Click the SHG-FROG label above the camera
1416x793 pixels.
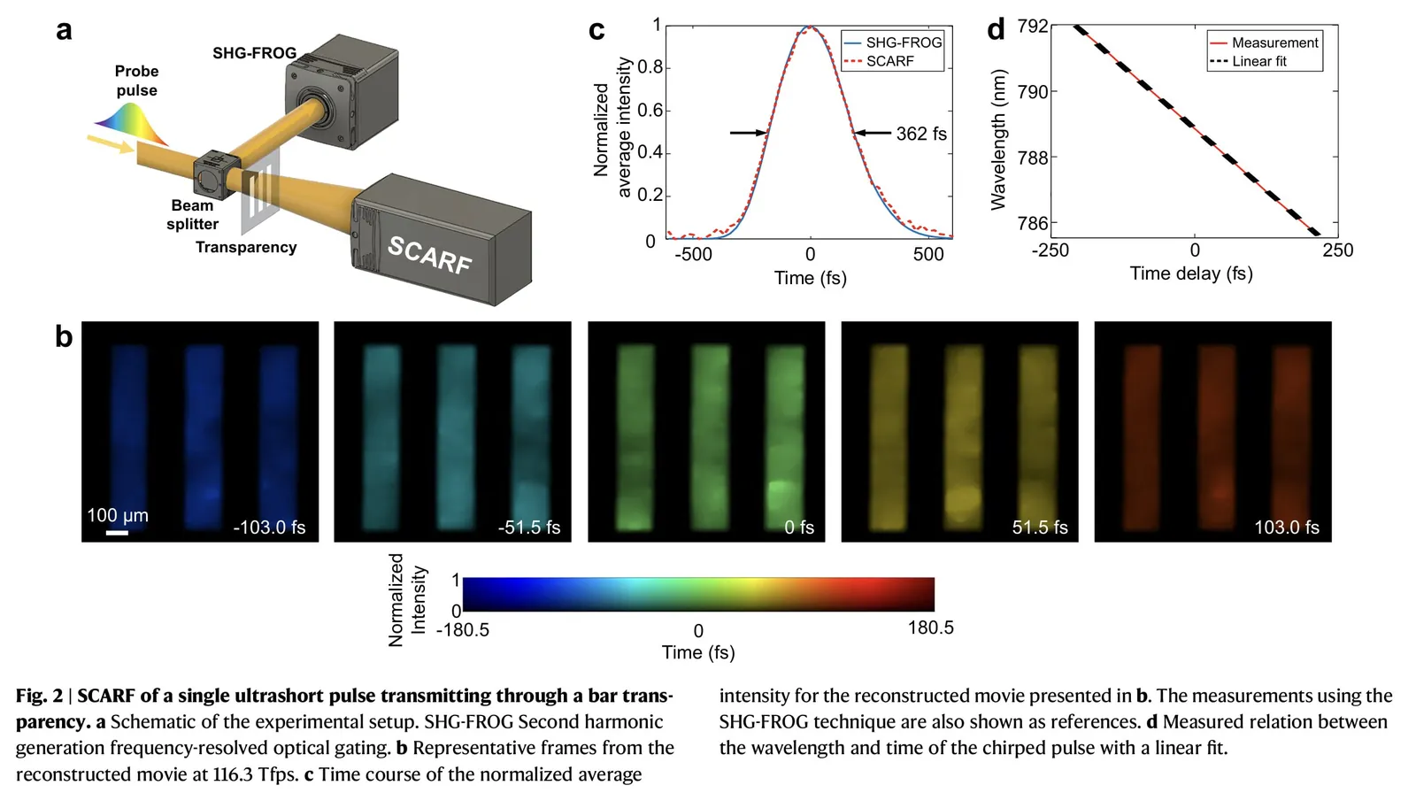click(254, 53)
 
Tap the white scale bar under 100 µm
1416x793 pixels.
click(117, 533)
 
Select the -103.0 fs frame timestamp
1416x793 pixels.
click(269, 527)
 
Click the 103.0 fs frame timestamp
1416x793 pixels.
click(1286, 527)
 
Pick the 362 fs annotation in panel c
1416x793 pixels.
click(920, 134)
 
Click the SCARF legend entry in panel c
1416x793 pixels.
click(889, 61)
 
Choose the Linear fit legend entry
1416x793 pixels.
click(1258, 61)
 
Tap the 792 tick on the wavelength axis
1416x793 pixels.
click(1033, 27)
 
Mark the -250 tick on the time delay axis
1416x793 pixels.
click(1050, 250)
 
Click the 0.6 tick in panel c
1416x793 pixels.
click(650, 111)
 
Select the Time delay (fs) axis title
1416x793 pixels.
click(1191, 273)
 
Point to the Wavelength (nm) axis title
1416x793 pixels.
click(999, 139)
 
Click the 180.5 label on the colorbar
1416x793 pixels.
click(930, 627)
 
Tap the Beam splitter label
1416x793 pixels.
click(192, 214)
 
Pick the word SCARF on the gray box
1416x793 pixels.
click(430, 255)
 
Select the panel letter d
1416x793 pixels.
click(996, 30)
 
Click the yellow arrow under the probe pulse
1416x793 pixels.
click(111, 144)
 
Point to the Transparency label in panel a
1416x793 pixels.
click(246, 247)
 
